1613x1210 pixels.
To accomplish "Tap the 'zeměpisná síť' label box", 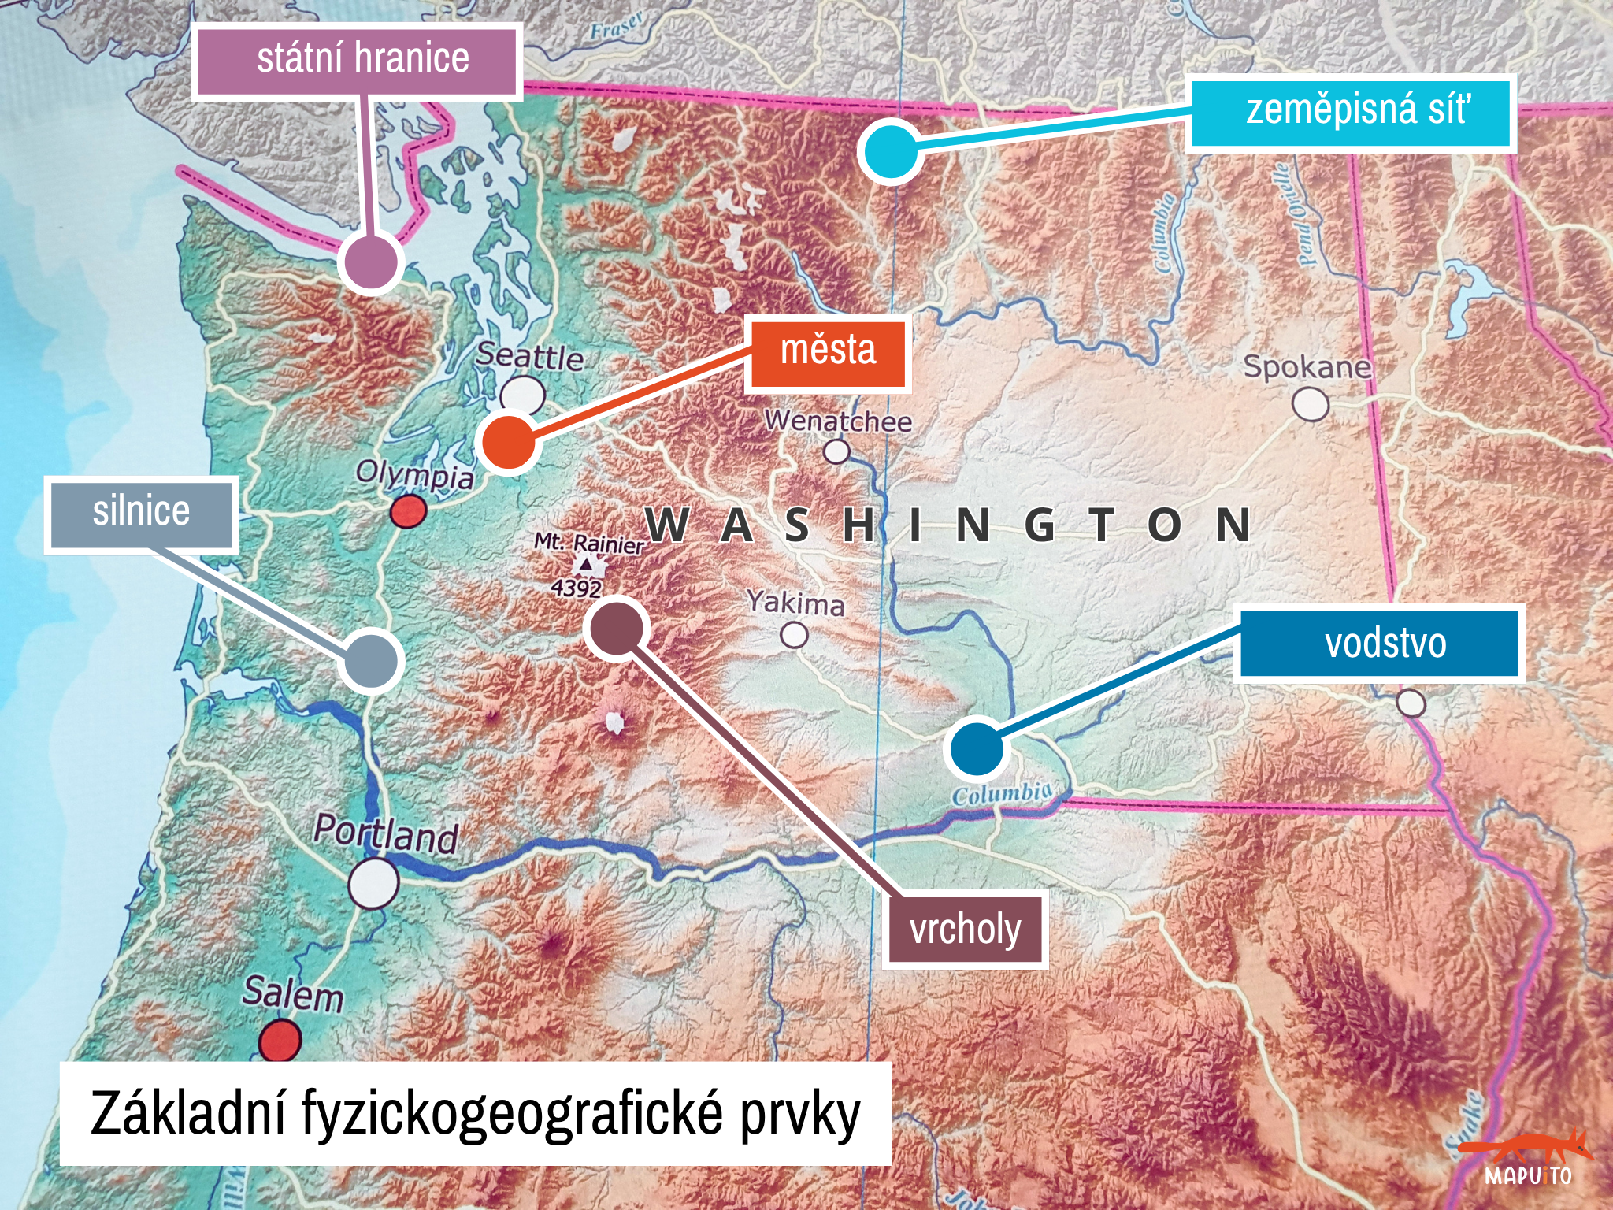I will click(1350, 113).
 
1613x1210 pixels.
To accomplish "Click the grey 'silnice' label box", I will click(141, 514).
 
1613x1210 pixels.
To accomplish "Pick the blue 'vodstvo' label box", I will click(1380, 643).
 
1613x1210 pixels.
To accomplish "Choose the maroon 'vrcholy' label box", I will click(966, 930).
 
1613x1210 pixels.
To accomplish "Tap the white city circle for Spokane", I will click(1310, 405).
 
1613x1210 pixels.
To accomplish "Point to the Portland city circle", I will click(373, 882).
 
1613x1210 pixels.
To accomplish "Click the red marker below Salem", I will click(280, 1039).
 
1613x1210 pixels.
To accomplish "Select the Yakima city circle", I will click(794, 635).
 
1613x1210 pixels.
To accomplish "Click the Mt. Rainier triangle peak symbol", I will click(586, 564).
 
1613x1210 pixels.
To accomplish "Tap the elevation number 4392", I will click(576, 588).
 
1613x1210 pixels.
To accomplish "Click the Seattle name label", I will click(529, 357).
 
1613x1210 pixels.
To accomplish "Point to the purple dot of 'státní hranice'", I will click(371, 262).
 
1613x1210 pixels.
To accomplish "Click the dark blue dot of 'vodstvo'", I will click(977, 749).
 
